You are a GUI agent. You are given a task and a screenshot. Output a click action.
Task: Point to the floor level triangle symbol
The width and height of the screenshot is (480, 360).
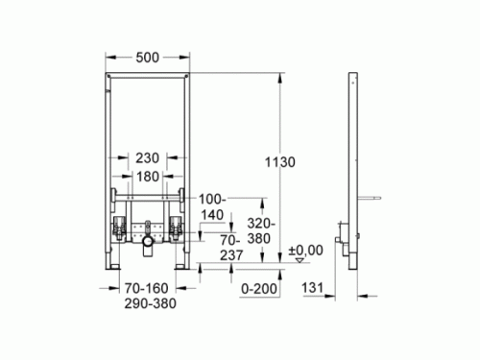[x=299, y=259]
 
